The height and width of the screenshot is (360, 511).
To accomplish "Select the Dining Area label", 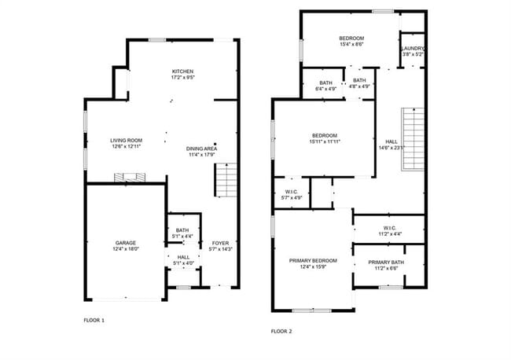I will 202,149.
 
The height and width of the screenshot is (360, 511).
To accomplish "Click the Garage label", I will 126,243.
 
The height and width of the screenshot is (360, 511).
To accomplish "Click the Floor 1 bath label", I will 182,230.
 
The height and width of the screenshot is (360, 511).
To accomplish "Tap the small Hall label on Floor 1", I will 182,257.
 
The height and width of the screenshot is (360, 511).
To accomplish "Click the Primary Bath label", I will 386,262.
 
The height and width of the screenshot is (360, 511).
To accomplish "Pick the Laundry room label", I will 414,49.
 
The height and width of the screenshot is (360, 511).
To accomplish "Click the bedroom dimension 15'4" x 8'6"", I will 351,45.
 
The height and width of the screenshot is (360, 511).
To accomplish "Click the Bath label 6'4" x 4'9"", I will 325,89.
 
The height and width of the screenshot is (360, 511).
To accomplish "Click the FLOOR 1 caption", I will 94,320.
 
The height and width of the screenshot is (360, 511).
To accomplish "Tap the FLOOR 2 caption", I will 281,331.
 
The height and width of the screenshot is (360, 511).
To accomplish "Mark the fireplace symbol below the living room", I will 130,179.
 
